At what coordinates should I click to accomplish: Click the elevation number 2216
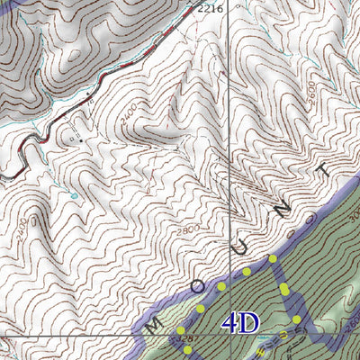click(x=210, y=9)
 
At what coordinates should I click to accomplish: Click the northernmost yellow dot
click(x=273, y=258)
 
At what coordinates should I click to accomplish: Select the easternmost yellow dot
click(x=298, y=319)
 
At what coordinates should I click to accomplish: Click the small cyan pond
click(x=75, y=193)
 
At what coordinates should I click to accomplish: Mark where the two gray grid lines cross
click(x=229, y=335)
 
